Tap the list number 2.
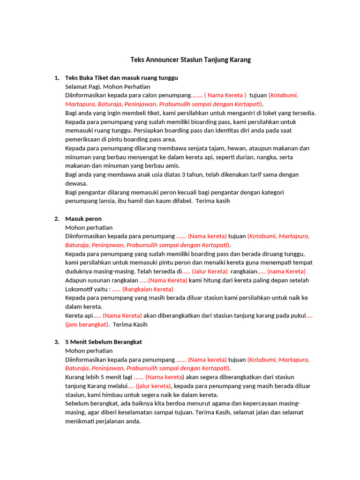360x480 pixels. tap(57, 219)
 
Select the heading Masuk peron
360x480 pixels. tap(83, 219)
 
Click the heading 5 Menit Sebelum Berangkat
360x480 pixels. tap(104, 342)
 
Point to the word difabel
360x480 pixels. tap(179, 201)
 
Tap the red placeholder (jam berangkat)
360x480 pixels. tap(87, 324)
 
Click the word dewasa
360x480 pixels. tap(75, 183)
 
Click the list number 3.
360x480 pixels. tap(57, 342)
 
